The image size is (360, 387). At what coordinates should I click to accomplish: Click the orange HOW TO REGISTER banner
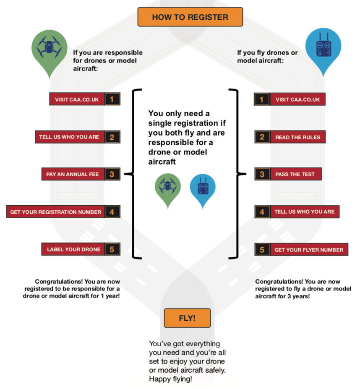pos(190,17)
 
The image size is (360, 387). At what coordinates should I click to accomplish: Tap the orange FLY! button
pos(187,318)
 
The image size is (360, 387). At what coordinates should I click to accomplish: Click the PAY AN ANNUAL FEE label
pos(73,174)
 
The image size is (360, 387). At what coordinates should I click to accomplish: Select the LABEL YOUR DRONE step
pos(73,249)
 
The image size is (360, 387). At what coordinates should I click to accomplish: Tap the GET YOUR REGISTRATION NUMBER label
pos(55,212)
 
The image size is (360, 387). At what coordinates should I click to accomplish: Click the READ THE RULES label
pos(298,137)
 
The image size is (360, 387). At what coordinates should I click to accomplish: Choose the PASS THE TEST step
pos(296,174)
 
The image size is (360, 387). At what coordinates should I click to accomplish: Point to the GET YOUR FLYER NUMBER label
pos(309,249)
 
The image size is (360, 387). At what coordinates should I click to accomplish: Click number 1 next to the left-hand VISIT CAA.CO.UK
pos(112,99)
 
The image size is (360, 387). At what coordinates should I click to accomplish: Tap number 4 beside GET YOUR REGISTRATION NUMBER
pos(112,212)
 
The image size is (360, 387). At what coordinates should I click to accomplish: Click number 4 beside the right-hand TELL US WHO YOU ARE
pos(262,212)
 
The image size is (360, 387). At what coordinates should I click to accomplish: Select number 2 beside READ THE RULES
pos(262,137)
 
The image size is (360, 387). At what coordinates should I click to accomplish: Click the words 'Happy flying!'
pos(170,379)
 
